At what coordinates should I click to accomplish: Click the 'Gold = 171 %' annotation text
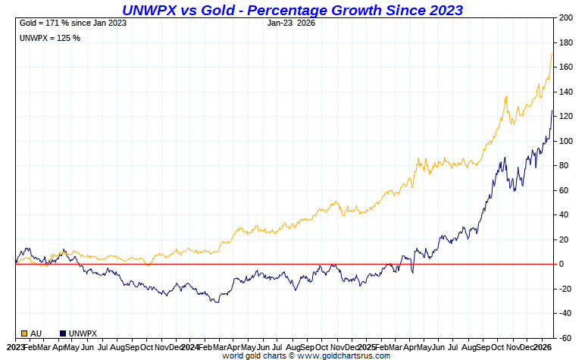point(73,23)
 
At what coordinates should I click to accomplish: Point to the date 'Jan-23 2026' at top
point(291,23)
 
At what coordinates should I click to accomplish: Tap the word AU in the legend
point(36,333)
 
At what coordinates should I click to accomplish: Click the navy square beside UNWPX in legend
point(62,333)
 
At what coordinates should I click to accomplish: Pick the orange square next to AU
point(24,333)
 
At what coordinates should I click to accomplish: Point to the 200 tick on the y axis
point(566,17)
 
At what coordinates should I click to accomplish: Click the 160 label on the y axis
point(566,67)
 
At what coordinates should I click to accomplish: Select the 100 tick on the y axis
point(566,141)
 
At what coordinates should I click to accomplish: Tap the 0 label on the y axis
point(562,264)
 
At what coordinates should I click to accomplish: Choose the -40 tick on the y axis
point(565,313)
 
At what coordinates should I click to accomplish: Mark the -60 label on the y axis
point(565,338)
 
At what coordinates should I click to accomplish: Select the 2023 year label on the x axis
point(11,346)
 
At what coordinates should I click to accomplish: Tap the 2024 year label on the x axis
point(189,346)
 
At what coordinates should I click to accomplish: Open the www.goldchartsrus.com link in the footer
point(346,355)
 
